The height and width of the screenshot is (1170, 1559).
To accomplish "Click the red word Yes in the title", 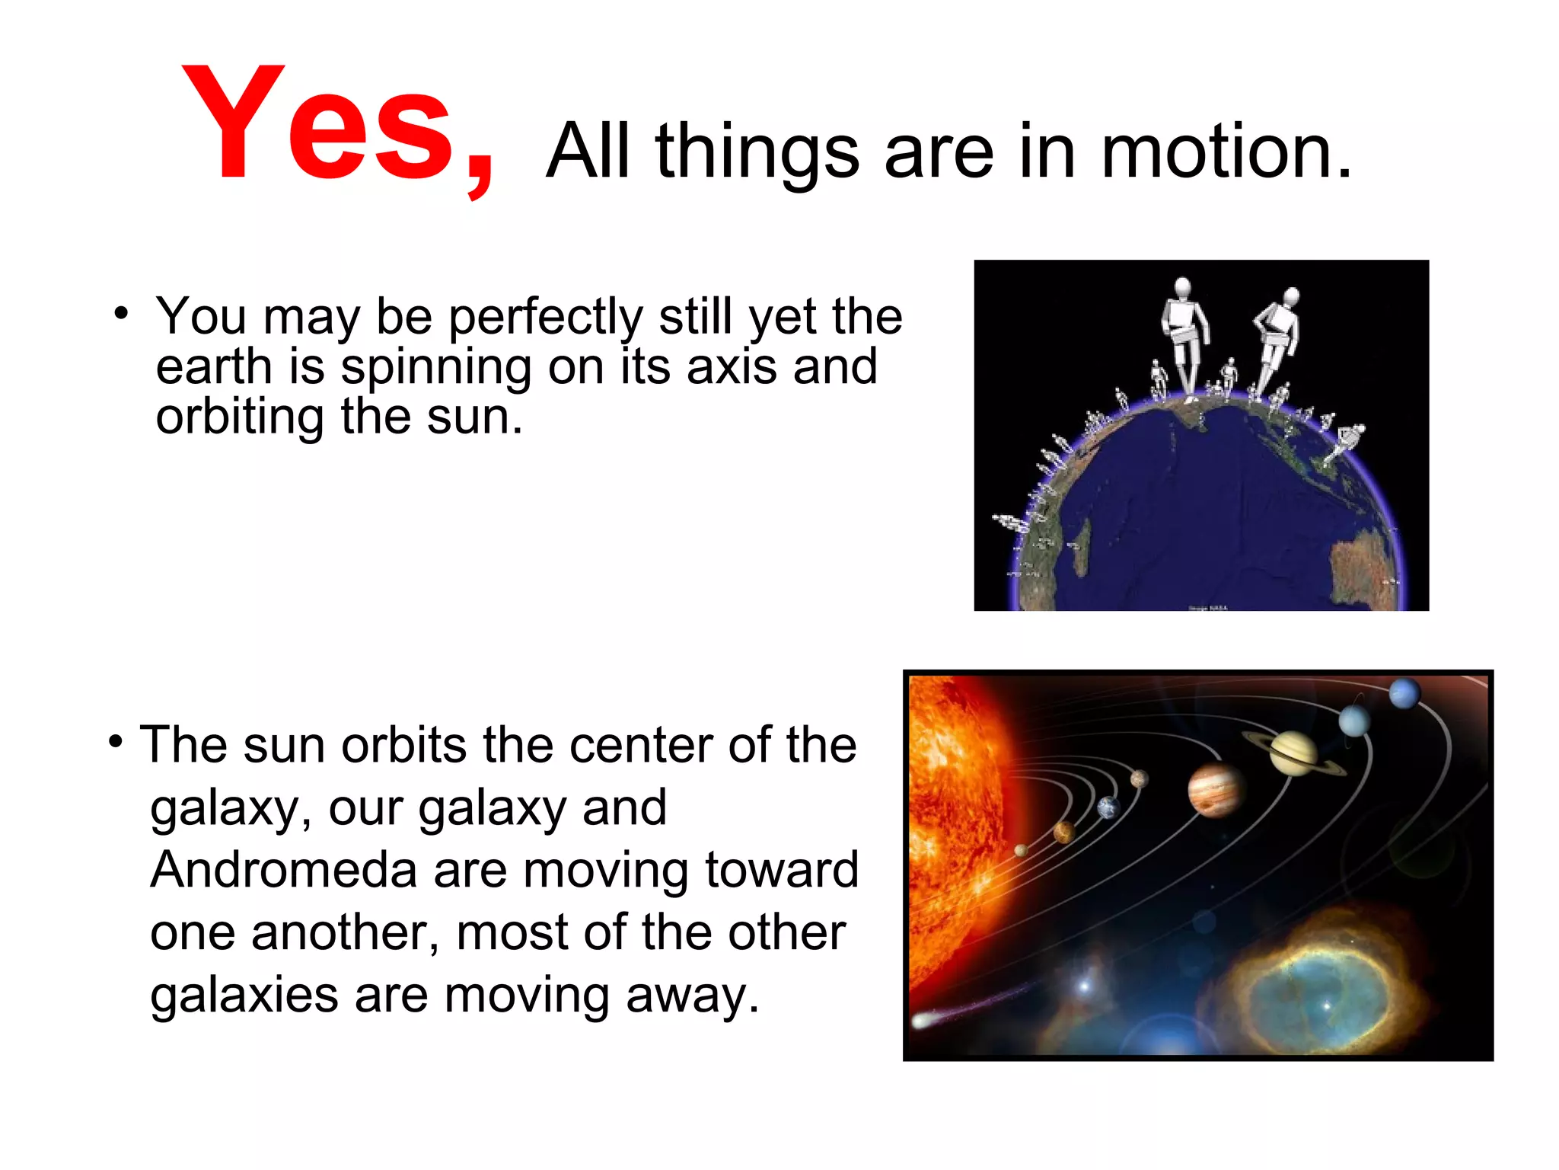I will tap(320, 126).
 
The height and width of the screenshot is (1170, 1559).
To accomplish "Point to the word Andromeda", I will tap(283, 870).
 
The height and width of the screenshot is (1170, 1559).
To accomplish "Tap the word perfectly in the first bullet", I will tap(546, 317).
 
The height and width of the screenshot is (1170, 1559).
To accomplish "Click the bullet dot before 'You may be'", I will tap(121, 313).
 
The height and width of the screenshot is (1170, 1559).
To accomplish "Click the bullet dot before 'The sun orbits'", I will tap(115, 741).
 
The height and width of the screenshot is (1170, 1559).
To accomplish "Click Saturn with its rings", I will tap(1293, 753).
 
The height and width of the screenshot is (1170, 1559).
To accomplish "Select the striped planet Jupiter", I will tap(1216, 789).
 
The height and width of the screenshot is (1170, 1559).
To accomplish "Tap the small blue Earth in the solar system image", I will tap(1108, 807).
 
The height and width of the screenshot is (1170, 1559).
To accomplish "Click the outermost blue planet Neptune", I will tap(1404, 694).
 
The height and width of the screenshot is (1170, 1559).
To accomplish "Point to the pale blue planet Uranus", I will tap(1355, 720).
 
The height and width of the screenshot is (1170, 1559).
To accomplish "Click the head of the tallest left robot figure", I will tap(1182, 286).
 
